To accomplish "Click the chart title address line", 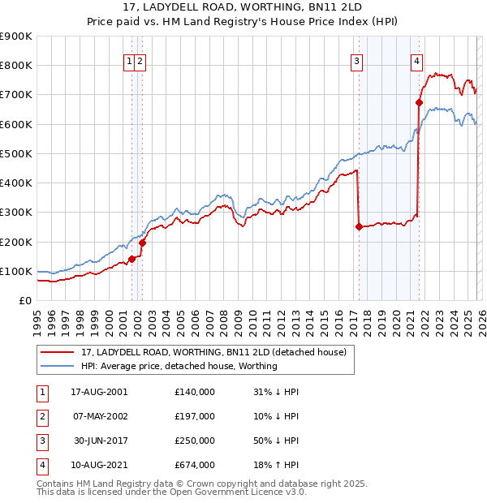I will click(243, 7).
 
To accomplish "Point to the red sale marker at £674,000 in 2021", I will click(420, 102).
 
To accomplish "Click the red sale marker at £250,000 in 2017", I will click(359, 227).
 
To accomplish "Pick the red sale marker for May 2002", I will click(142, 242).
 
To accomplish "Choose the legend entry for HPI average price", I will click(179, 366).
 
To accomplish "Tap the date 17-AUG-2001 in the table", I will click(99, 391).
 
